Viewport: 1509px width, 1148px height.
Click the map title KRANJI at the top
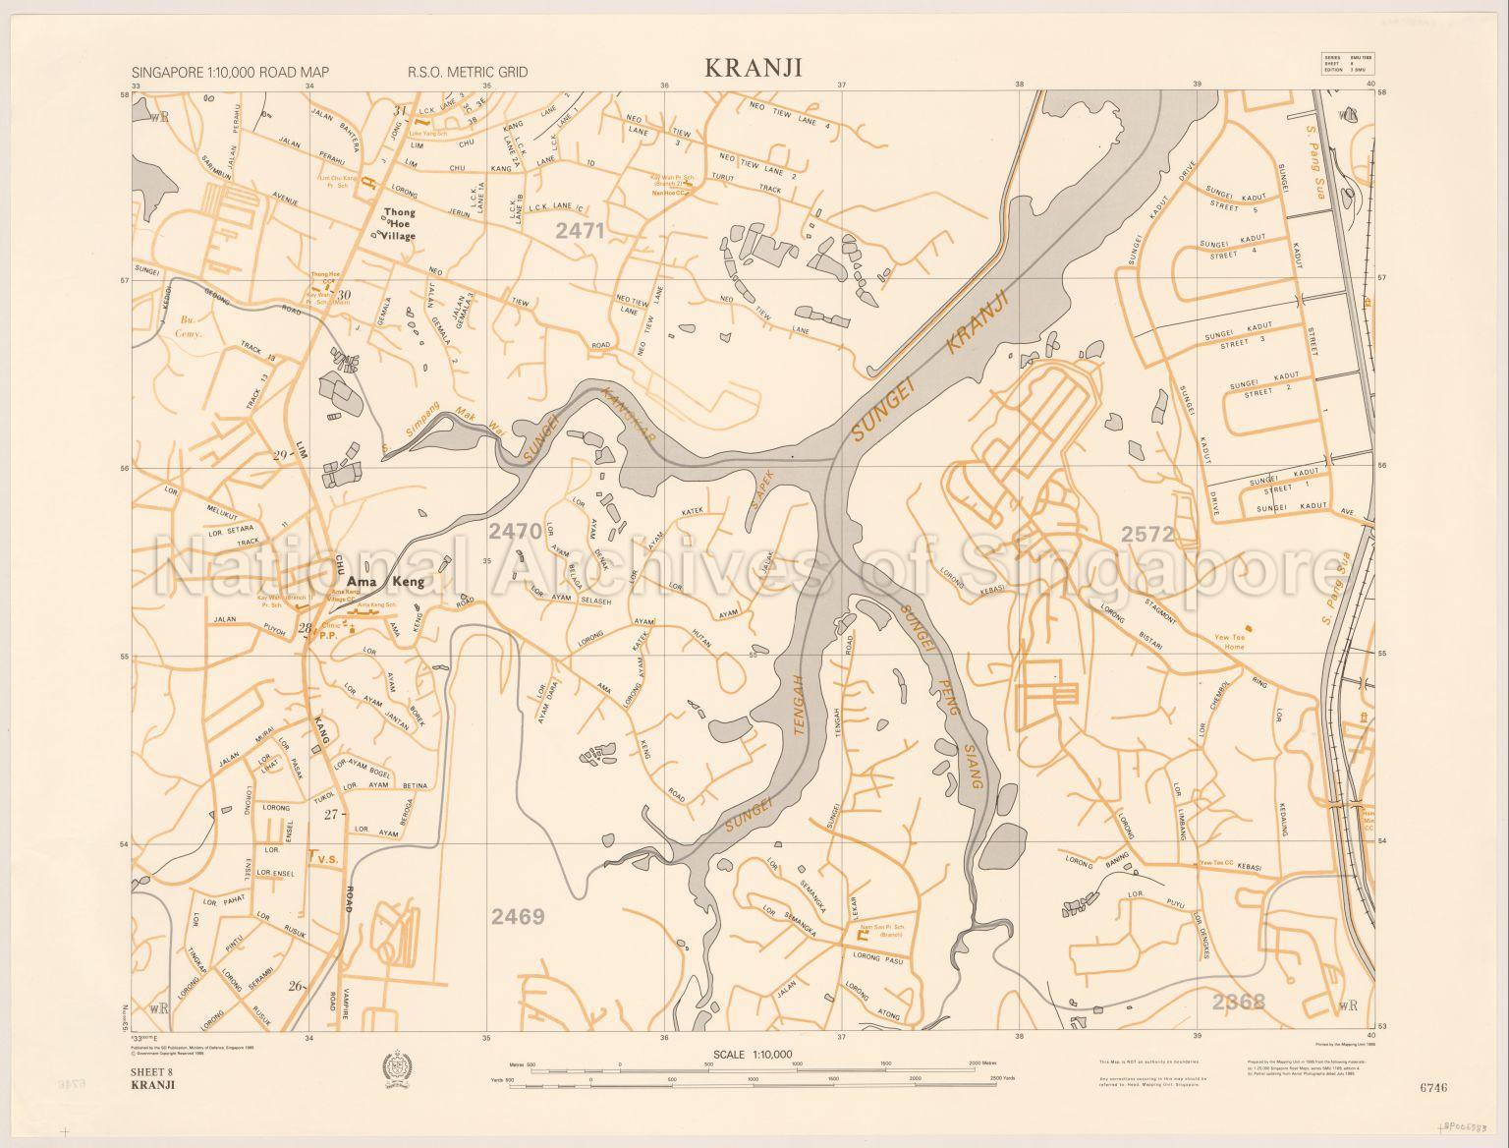pyautogui.click(x=753, y=67)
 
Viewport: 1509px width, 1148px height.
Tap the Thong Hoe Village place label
pyautogui.click(x=400, y=224)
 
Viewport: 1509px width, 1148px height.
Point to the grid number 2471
pyautogui.click(x=580, y=231)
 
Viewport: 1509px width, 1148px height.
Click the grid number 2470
pyautogui.click(x=515, y=532)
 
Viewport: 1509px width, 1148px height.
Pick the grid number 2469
pyautogui.click(x=518, y=917)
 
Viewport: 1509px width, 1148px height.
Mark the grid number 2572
pyautogui.click(x=1147, y=534)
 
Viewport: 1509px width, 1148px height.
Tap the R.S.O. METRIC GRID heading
pyautogui.click(x=468, y=72)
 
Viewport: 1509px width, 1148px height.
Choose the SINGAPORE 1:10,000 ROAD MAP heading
pyautogui.click(x=229, y=72)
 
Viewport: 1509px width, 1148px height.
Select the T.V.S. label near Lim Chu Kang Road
pyautogui.click(x=323, y=858)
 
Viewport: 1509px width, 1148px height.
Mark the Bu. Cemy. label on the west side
pyautogui.click(x=188, y=326)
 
